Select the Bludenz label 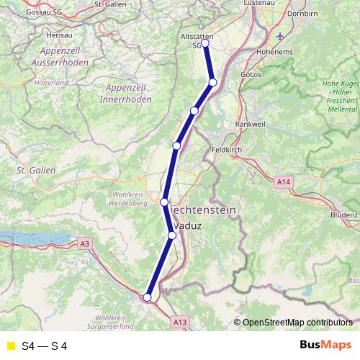[343, 215]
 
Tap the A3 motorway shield [86, 244]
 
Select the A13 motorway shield [180, 323]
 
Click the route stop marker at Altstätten [205, 43]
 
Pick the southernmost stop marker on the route [147, 297]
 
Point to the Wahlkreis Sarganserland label [123, 321]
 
